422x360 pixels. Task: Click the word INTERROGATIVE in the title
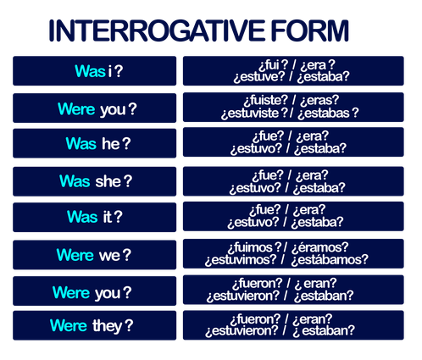157,30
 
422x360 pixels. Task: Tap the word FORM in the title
310,30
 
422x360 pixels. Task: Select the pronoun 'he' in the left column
111,143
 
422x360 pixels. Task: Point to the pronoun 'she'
108,181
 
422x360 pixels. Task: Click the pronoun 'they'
108,326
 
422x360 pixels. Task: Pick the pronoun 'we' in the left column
109,256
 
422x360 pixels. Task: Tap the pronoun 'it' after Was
108,217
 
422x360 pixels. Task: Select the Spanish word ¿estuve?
259,77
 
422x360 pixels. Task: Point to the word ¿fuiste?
266,100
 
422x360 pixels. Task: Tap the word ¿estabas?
328,113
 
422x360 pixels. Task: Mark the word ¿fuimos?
255,247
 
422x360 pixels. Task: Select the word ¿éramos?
320,247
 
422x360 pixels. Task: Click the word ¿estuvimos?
241,260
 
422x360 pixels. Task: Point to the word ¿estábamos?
330,260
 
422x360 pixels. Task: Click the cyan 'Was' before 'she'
75,181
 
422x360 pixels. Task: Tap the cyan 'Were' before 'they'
69,325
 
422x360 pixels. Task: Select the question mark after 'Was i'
119,71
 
